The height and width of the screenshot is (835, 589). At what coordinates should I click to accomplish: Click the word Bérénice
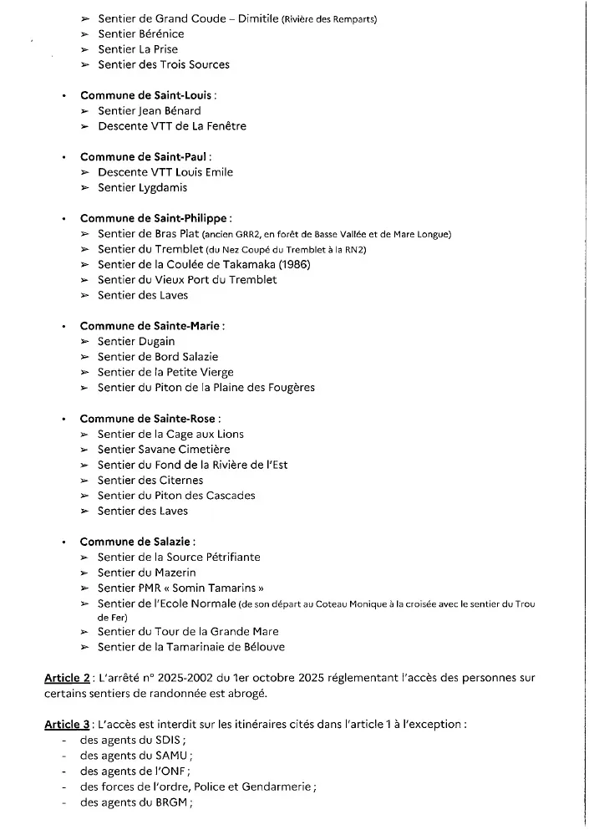pos(160,33)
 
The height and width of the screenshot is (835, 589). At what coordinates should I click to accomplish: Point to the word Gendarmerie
pos(281,787)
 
